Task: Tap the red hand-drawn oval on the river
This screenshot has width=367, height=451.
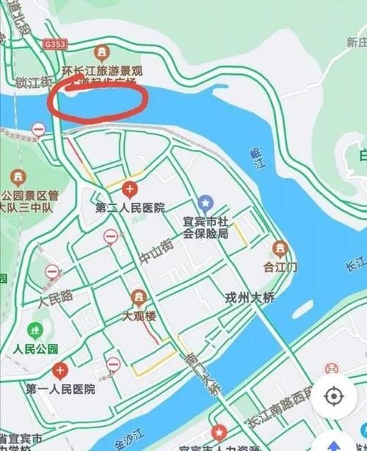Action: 94,102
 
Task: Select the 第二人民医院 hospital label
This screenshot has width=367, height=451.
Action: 130,208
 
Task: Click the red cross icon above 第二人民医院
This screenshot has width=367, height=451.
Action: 130,191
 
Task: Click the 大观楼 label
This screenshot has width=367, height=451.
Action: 137,318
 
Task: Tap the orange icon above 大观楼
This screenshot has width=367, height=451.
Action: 137,297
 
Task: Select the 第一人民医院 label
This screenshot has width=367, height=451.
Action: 60,389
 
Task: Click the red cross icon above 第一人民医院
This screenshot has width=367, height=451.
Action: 59,369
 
